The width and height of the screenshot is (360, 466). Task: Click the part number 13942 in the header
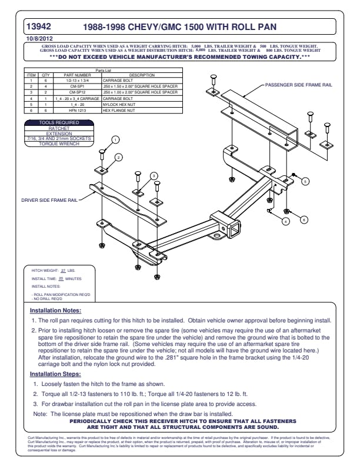point(39,26)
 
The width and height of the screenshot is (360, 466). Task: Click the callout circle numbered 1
point(116,139)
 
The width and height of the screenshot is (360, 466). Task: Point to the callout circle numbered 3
point(153,175)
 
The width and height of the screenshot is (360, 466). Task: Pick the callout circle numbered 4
point(285,221)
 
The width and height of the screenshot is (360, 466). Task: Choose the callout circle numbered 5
point(305,181)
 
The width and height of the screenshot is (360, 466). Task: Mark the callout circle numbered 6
point(304,219)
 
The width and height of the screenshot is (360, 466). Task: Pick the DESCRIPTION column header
point(142,75)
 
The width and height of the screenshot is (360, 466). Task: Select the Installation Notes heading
point(55,310)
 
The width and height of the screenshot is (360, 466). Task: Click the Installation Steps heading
point(55,374)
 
